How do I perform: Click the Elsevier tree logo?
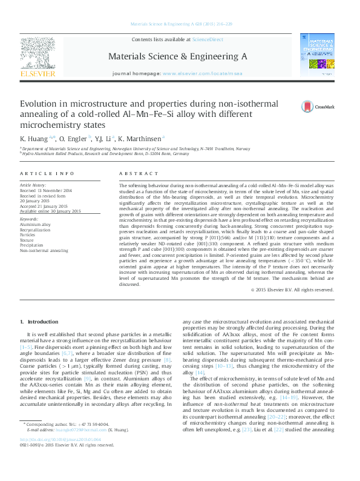[x=38, y=51]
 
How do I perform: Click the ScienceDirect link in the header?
[x=208, y=39]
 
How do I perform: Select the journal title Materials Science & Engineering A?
[x=177, y=56]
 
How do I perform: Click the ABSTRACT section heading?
[x=134, y=173]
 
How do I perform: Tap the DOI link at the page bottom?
[x=60, y=456]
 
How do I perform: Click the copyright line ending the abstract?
[x=292, y=290]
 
